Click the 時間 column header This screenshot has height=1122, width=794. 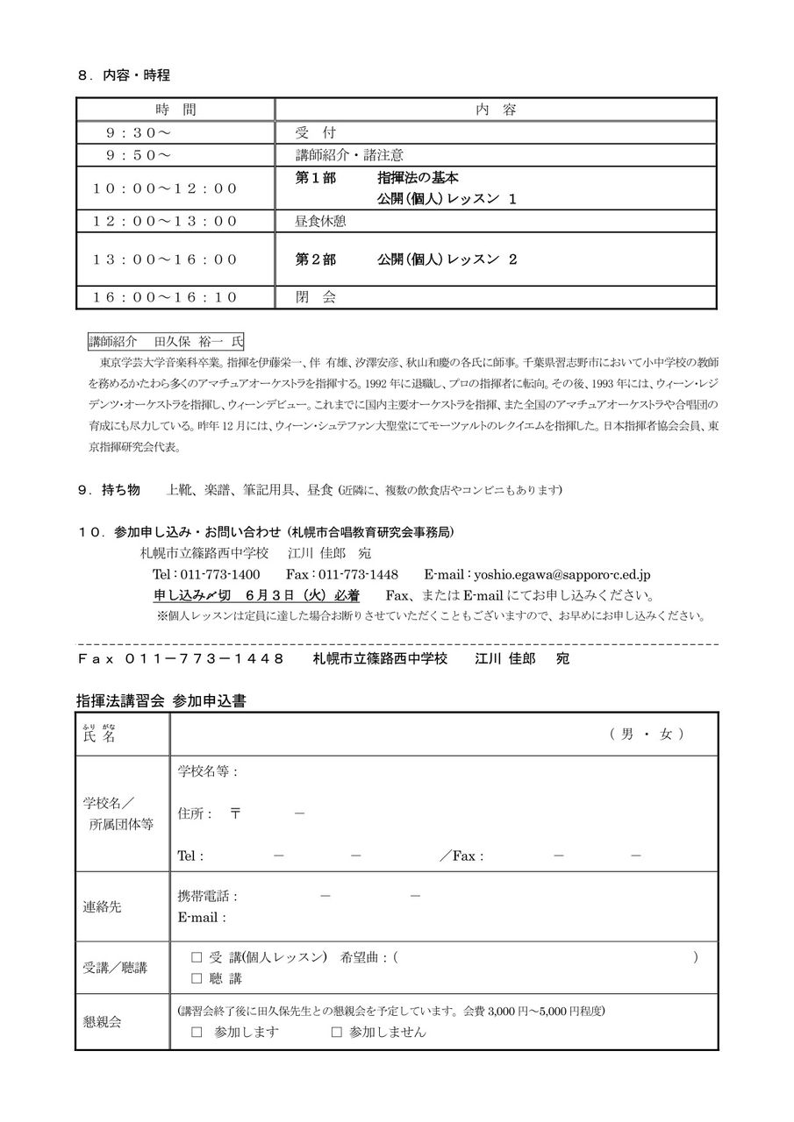point(176,110)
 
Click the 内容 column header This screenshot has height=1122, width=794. point(496,110)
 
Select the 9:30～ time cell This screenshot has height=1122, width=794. point(139,132)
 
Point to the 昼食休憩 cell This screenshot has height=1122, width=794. point(320,221)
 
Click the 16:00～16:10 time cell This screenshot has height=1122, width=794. point(166,297)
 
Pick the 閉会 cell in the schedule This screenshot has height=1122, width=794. point(316,297)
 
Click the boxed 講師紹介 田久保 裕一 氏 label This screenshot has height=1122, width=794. point(167,340)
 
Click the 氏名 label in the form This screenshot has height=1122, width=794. point(99,735)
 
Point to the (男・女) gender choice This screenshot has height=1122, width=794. point(647,735)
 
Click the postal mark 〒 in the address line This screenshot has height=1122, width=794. point(235,813)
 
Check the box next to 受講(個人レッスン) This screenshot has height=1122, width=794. point(197,958)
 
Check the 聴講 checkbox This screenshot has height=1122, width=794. point(197,978)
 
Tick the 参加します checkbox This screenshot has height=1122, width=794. point(197,1032)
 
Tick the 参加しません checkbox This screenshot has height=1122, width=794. point(336,1032)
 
